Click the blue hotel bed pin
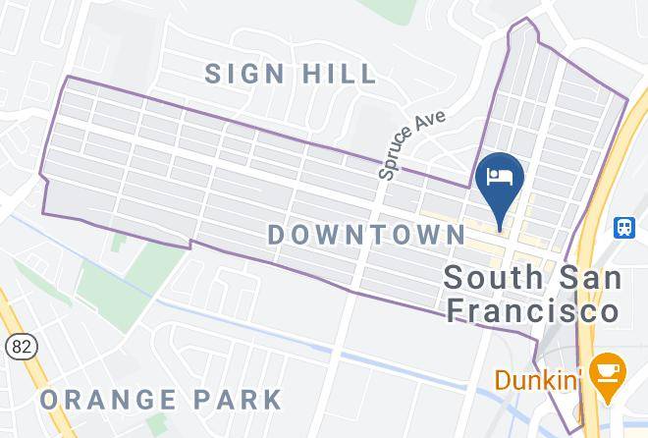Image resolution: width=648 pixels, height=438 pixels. pos(500,183)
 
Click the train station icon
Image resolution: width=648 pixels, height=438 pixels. pos(624,228)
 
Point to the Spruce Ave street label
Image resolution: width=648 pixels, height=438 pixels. pos(411,144)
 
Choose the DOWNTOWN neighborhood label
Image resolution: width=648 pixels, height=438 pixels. pos(366,234)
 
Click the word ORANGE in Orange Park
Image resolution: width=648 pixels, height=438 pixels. pos(108,400)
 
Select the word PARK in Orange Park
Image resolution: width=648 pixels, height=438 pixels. pos(238,400)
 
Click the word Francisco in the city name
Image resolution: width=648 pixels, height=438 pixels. pos(532,310)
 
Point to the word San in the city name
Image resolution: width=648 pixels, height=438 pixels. pos(587,277)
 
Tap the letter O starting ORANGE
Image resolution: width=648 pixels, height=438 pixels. pos(49,400)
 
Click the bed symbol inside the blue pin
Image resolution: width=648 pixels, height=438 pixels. pos(500,177)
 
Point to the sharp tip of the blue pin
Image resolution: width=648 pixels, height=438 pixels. pos(501,229)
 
